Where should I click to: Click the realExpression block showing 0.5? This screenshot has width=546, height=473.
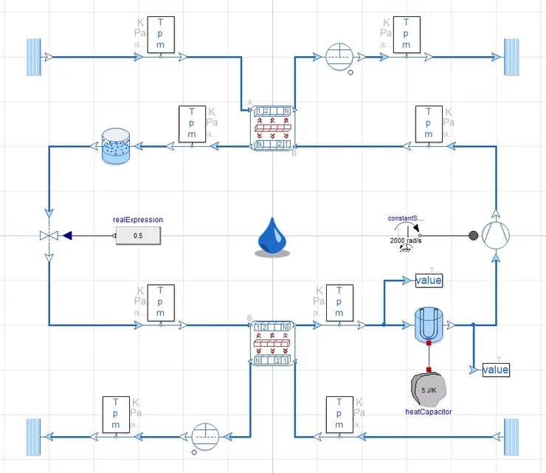tap(138, 236)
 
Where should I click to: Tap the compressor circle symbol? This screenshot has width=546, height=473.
tap(496, 236)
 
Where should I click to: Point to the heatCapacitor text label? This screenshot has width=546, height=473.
tap(428, 412)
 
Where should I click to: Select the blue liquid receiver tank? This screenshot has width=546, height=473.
tap(114, 146)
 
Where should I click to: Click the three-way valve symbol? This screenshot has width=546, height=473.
tap(49, 236)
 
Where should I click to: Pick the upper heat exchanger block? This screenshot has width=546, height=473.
tap(272, 127)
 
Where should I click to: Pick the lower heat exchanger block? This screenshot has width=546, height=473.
tap(272, 343)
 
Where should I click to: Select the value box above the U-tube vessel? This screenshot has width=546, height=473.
tap(429, 280)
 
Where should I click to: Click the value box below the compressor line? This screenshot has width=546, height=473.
tap(496, 369)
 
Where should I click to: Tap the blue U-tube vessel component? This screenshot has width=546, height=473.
tap(428, 324)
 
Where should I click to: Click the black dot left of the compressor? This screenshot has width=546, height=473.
tap(473, 236)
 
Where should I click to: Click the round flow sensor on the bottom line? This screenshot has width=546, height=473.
tap(205, 436)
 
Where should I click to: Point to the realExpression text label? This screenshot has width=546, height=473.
tap(138, 219)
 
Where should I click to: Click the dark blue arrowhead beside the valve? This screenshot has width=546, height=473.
tap(67, 236)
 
